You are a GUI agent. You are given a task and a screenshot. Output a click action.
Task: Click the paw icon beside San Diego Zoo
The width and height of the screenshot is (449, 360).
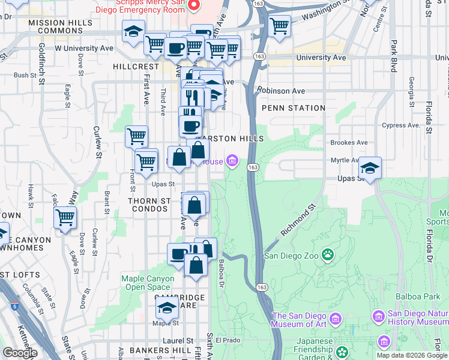(x=328, y=256)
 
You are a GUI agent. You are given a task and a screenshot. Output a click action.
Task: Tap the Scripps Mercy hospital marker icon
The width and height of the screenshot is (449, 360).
(x=194, y=6)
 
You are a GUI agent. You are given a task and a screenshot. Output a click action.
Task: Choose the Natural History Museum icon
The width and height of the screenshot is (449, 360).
(x=378, y=316)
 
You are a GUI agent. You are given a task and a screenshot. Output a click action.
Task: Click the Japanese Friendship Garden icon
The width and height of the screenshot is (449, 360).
(x=342, y=351)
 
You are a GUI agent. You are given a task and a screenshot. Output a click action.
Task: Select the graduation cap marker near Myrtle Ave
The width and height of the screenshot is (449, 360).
(x=370, y=169)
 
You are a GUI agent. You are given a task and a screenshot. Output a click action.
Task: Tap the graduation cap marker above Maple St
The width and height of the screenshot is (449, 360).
(x=167, y=308)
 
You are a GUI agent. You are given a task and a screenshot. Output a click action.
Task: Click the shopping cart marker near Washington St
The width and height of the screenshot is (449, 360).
(x=280, y=26)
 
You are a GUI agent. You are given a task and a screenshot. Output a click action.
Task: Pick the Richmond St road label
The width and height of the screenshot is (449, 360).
(x=298, y=222)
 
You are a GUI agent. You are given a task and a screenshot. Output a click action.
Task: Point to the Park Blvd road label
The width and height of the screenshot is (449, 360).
(x=394, y=56)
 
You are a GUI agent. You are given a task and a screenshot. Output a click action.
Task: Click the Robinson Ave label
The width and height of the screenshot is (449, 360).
(x=282, y=91)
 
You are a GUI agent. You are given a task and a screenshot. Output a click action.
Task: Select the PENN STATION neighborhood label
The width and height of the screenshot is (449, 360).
(x=294, y=108)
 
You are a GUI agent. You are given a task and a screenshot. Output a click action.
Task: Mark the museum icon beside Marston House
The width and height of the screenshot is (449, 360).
(x=232, y=161)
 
